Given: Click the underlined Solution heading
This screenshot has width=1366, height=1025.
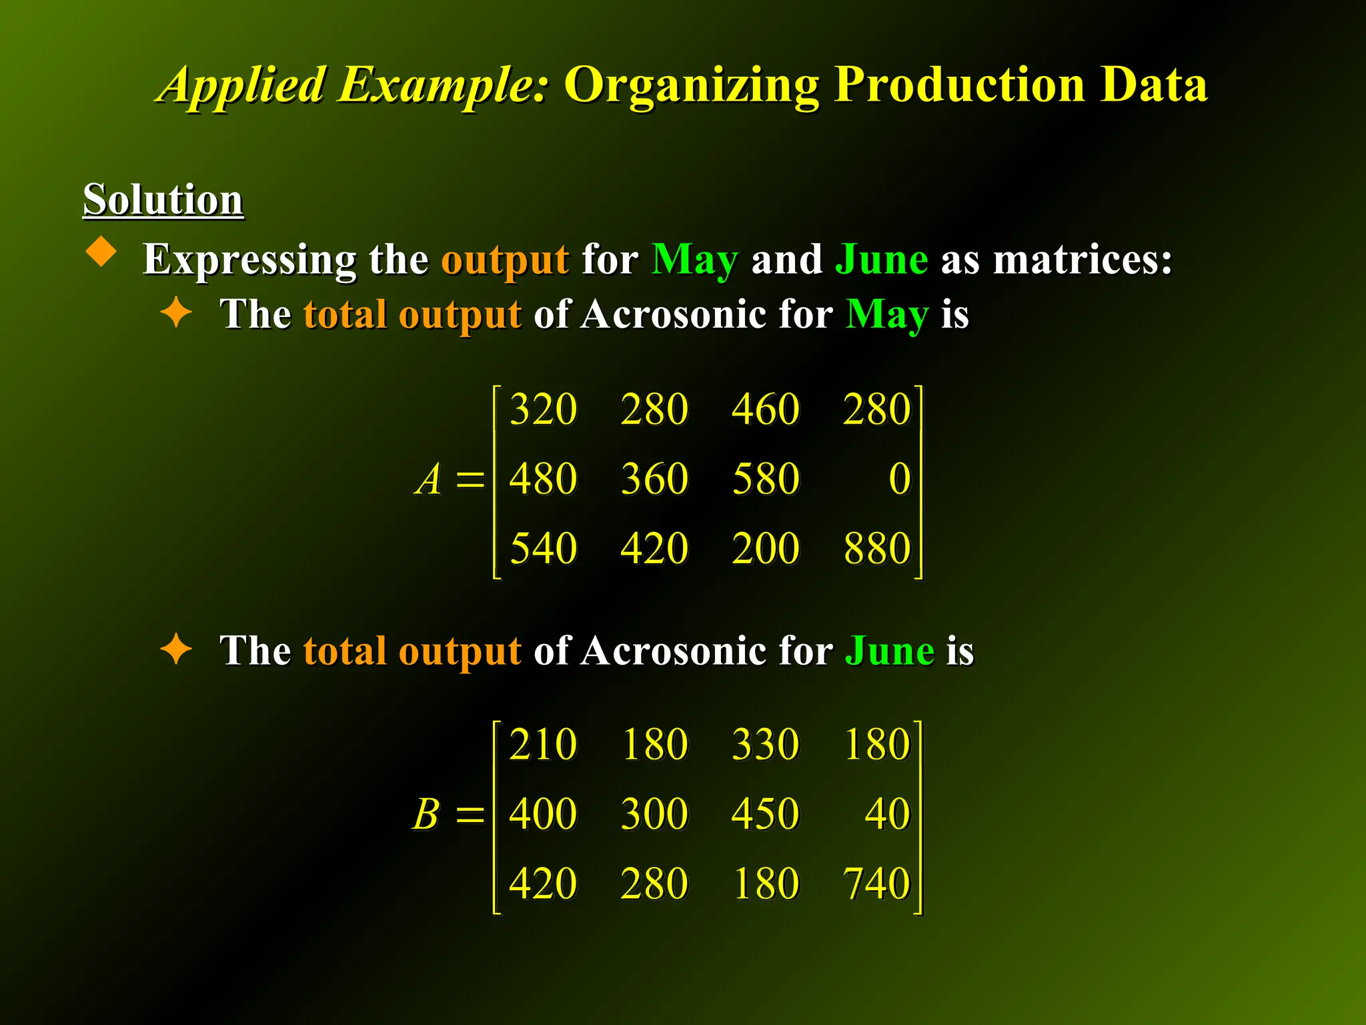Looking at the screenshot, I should pyautogui.click(x=163, y=200).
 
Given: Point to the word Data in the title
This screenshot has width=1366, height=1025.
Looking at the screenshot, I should pyautogui.click(x=1154, y=85).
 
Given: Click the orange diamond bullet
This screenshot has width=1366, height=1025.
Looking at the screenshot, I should pyautogui.click(x=101, y=252).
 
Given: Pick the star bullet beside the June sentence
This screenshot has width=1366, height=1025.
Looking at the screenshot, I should pyautogui.click(x=176, y=649).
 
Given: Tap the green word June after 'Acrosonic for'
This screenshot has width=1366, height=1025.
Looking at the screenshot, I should pyautogui.click(x=890, y=651).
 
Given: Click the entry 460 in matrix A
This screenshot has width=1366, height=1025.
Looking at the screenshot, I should pyautogui.click(x=765, y=409).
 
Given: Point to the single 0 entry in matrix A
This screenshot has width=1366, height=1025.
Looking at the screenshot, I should pyautogui.click(x=899, y=479).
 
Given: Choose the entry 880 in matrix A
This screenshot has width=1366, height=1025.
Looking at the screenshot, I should pyautogui.click(x=876, y=549).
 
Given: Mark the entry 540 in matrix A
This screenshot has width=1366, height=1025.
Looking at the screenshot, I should pyautogui.click(x=543, y=549).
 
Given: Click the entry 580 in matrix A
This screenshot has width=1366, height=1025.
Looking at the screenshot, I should pyautogui.click(x=766, y=479).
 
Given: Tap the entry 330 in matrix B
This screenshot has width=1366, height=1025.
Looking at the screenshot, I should pyautogui.click(x=765, y=744).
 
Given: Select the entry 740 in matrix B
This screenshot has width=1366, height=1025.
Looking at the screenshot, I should pyautogui.click(x=876, y=884).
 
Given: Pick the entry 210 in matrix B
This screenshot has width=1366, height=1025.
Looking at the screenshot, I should pyautogui.click(x=543, y=744).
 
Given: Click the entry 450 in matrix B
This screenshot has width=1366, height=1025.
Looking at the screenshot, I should pyautogui.click(x=765, y=814).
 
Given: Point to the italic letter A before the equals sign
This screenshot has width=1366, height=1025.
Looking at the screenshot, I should pyautogui.click(x=428, y=479).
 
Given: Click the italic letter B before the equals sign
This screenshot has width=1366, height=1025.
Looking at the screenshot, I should pyautogui.click(x=426, y=814).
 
